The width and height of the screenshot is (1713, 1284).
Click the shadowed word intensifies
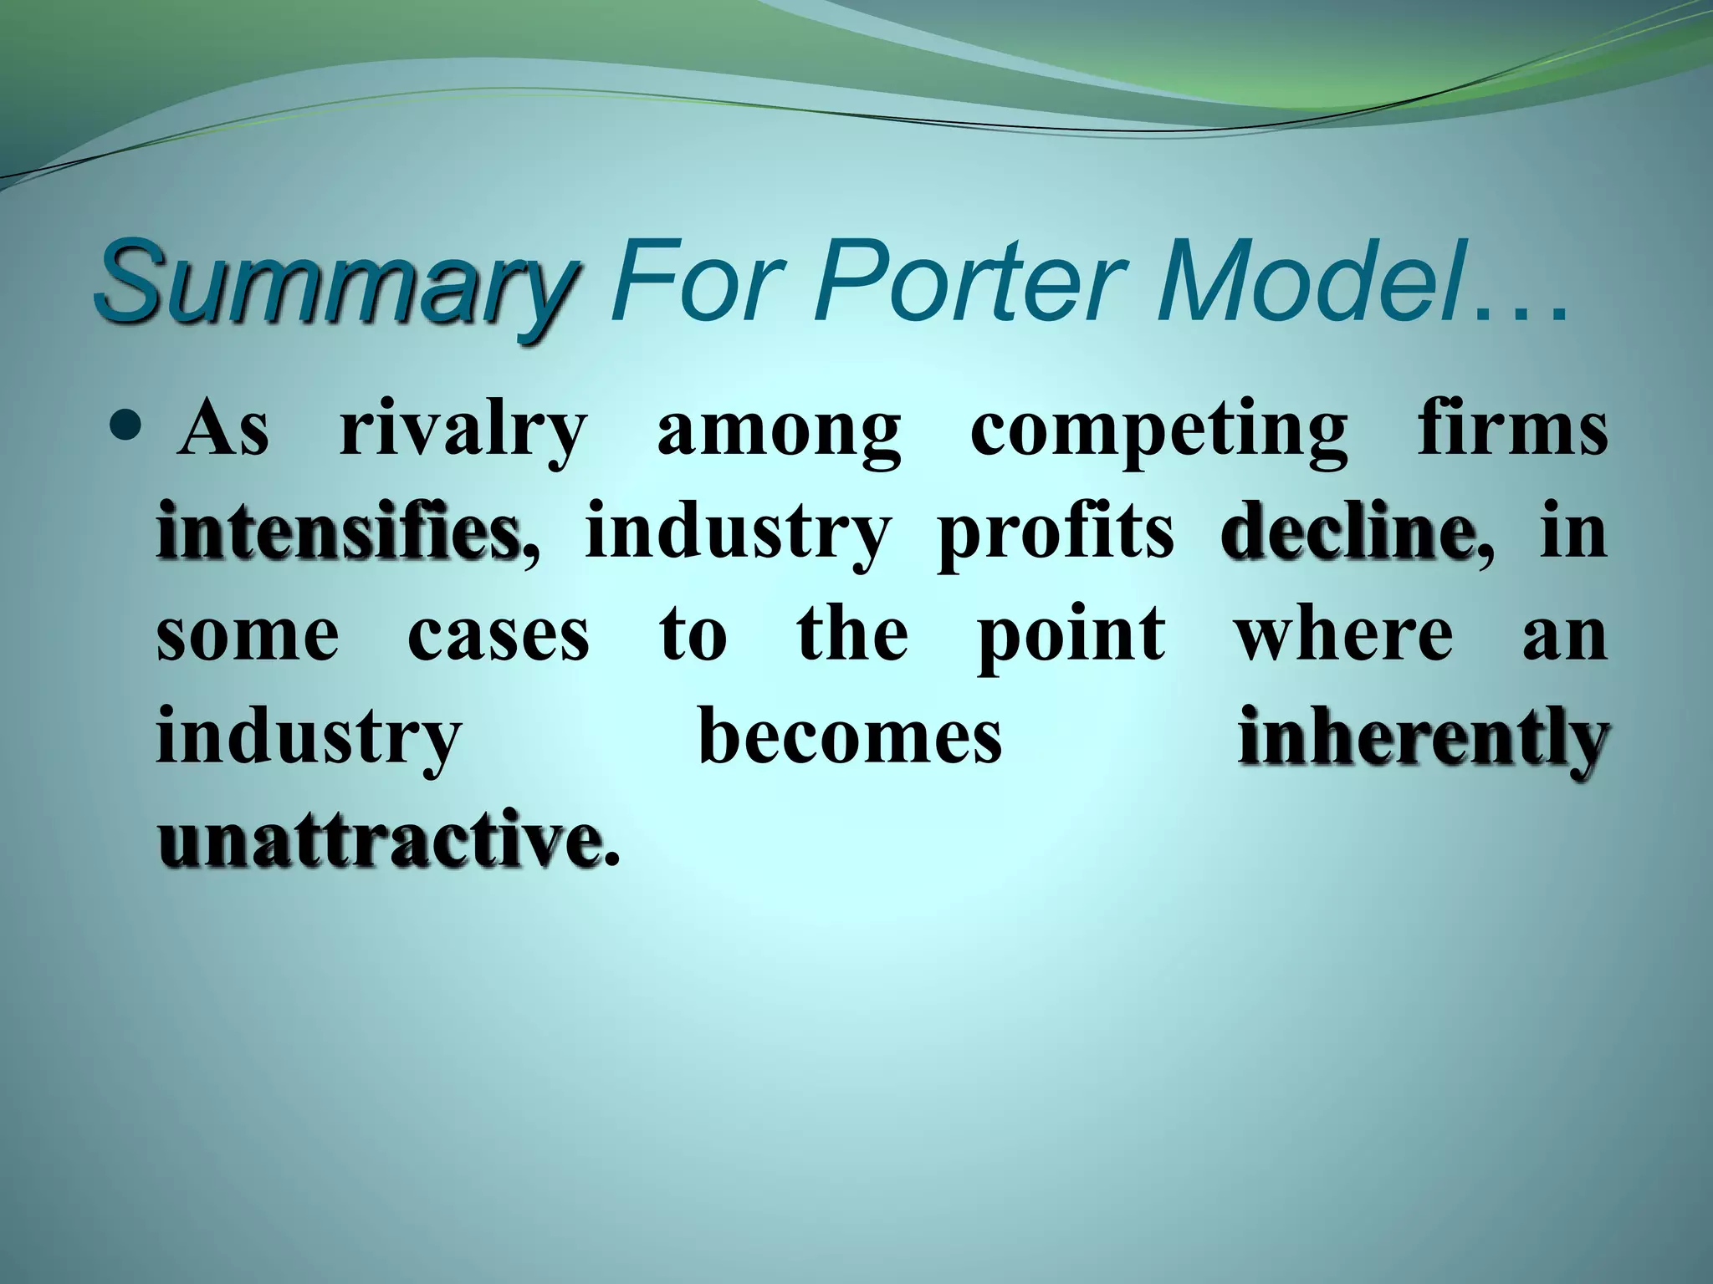coord(337,532)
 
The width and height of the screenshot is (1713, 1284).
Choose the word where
coord(1345,634)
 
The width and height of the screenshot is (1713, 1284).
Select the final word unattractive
coord(379,838)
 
